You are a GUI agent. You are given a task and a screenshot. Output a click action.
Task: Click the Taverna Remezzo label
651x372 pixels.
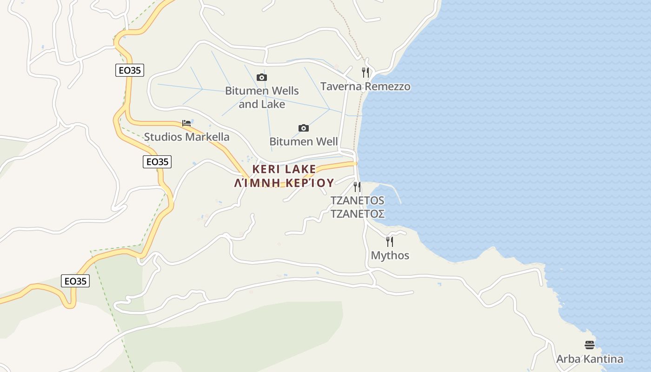365,86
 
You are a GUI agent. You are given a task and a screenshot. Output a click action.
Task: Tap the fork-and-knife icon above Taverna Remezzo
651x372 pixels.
365,72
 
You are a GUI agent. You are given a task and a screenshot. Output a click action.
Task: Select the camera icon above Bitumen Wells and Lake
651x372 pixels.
262,77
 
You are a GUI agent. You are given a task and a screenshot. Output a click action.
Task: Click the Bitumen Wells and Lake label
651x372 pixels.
262,97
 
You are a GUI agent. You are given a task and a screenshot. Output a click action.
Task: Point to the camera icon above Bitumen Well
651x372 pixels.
303,128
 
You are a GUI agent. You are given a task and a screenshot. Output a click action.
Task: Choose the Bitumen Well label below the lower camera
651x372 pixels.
304,141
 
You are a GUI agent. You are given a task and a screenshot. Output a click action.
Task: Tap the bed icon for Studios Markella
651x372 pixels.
186,123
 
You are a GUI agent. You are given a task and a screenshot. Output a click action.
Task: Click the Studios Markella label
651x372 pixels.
186,137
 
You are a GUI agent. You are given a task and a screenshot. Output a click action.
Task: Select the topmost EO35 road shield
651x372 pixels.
130,70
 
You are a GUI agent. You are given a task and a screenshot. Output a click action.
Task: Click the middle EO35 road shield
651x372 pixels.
157,162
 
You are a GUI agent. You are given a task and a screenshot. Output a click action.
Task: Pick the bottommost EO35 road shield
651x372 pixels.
75,281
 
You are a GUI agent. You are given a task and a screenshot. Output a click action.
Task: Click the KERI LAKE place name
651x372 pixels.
284,169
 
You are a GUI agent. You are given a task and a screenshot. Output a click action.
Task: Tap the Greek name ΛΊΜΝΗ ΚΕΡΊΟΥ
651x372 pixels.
284,182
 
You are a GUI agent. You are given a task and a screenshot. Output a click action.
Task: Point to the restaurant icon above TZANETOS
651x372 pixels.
357,187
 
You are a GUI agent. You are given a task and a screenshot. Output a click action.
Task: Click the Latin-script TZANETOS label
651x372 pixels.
357,200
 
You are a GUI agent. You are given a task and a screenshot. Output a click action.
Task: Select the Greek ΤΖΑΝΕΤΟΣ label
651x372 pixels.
357,214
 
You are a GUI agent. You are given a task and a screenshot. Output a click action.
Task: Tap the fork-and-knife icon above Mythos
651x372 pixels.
390,241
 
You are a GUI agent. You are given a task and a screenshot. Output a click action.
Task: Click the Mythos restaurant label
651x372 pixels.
390,255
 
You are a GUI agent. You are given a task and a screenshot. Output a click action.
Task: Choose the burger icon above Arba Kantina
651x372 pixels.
590,345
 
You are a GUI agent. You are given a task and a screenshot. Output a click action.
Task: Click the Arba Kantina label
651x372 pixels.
590,359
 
